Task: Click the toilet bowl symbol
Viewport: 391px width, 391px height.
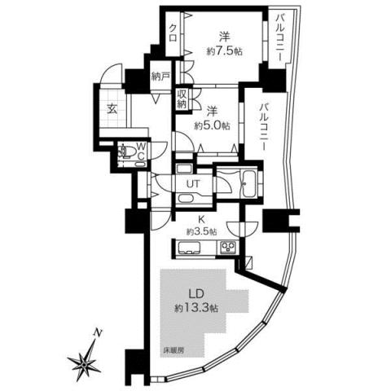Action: [x=126, y=151]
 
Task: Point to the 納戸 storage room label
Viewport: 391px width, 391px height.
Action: [x=160, y=79]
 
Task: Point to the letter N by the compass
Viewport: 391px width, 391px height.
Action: [x=98, y=332]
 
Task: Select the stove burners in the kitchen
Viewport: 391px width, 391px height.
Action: [x=229, y=249]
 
